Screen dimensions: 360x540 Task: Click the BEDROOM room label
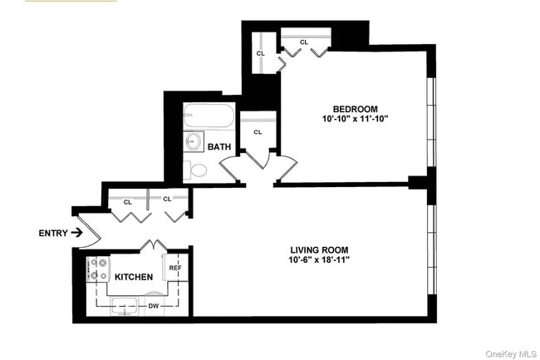coord(356,109)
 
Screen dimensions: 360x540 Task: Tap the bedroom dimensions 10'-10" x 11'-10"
coord(356,120)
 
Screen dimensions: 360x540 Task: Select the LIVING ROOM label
coord(319,249)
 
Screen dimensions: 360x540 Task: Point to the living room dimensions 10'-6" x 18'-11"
coord(319,260)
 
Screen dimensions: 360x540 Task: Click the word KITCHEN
coord(134,277)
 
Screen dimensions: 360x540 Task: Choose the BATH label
coord(219,147)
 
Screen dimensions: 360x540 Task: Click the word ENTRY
coord(53,233)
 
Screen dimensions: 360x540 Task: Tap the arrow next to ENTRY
coord(77,233)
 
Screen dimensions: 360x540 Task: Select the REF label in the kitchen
coord(175,269)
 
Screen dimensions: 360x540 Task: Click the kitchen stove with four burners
coord(99,269)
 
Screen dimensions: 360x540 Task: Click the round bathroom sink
coord(195,141)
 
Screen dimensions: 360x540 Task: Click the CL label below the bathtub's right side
coord(258,132)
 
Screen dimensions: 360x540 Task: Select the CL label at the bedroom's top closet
coord(304,42)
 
